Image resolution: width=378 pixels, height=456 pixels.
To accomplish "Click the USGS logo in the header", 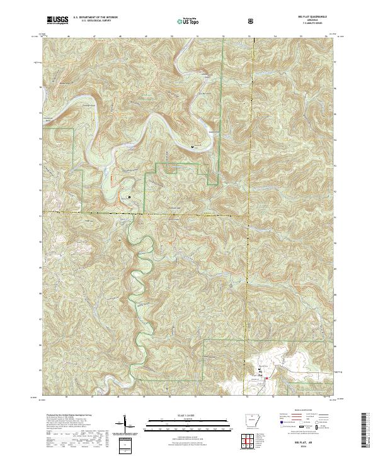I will (x=57, y=20).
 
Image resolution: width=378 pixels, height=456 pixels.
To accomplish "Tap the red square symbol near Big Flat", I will (x=266, y=378).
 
